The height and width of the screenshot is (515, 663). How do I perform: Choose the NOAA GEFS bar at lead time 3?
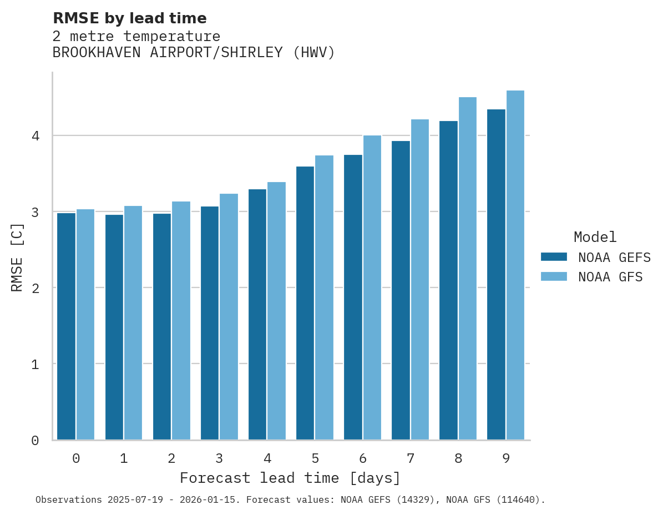[x=210, y=323]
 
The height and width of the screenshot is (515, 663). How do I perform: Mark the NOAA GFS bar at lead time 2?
[x=181, y=321]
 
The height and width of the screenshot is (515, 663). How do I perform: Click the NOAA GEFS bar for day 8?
[x=448, y=280]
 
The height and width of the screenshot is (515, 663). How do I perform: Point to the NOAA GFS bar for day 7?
[x=420, y=280]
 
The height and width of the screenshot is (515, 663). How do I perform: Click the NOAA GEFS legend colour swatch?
[x=554, y=257]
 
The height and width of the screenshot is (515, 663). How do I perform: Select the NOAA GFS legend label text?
[x=610, y=277]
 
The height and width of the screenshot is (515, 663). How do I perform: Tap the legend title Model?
[x=595, y=238]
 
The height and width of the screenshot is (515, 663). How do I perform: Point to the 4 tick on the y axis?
[x=35, y=136]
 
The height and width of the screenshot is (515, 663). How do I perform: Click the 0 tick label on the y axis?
[x=35, y=441]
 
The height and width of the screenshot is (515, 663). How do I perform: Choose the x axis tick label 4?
[x=267, y=459]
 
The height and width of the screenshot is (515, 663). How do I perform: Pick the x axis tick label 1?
[x=124, y=459]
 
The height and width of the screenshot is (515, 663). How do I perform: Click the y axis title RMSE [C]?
[x=17, y=257]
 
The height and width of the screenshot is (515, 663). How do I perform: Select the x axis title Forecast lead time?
[x=290, y=478]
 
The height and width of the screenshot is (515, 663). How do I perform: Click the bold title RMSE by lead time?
[x=129, y=18]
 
